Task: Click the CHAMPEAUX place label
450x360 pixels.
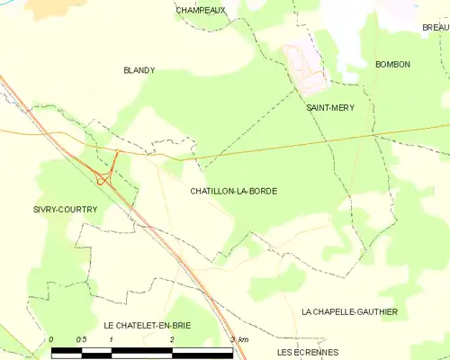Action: [x=201, y=10]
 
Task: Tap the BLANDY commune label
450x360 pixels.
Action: [x=139, y=69]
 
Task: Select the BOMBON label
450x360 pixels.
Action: [x=392, y=65]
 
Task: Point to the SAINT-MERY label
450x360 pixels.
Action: [x=330, y=108]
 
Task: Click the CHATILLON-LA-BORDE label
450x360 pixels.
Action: [x=233, y=192]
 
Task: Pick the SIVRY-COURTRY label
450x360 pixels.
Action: [x=65, y=209]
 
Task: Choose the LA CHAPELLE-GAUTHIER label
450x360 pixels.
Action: [x=349, y=311]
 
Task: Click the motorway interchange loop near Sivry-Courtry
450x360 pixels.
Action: [x=104, y=175]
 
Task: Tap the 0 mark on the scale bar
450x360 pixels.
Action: [x=51, y=339]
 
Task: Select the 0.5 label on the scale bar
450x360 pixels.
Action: [x=81, y=339]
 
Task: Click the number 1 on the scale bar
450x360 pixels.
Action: [x=111, y=339]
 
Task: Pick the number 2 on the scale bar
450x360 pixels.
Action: [x=172, y=339]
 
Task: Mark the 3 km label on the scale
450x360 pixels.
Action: [x=238, y=339]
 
